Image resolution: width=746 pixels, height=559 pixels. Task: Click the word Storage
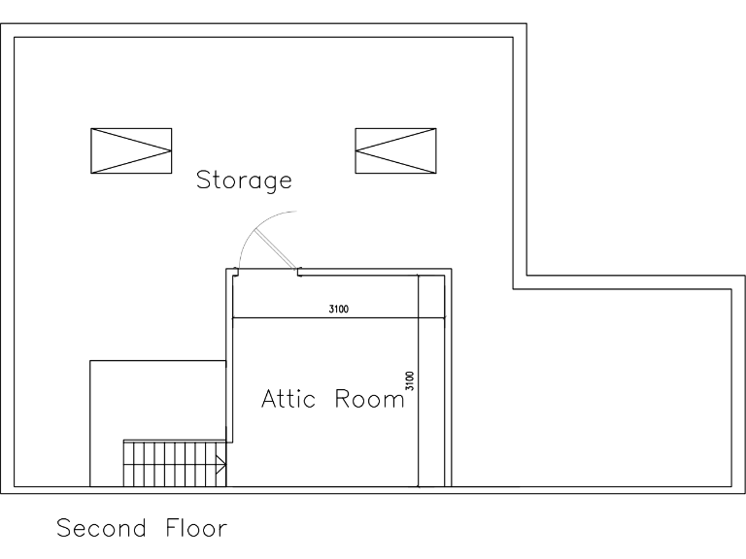[x=244, y=180]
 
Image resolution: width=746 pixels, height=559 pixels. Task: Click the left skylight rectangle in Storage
[x=131, y=150]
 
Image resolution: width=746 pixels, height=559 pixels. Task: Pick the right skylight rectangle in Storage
[x=395, y=150]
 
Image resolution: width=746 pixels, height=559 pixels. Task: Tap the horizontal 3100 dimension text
[x=338, y=310]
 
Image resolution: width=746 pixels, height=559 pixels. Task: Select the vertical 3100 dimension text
[x=410, y=379]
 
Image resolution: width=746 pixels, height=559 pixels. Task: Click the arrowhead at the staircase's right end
[x=222, y=466]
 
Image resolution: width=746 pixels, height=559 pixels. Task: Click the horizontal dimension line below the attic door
[x=291, y=317]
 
